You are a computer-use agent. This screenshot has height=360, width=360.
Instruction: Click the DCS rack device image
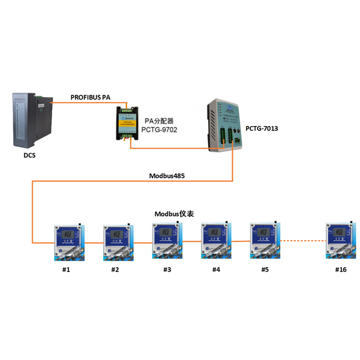click(31, 119)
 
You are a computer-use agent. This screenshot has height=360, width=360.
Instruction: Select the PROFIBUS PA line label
click(91, 97)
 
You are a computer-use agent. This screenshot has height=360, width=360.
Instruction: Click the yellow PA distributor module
click(127, 123)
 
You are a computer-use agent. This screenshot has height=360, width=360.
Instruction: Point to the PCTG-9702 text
click(159, 130)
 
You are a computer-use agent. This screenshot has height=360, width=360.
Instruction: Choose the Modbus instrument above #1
click(67, 241)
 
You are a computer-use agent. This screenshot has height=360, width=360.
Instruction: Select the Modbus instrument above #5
click(264, 240)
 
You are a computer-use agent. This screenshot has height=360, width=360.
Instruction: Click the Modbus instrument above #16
click(339, 240)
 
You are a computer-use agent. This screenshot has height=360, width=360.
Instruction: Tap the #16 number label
click(340, 269)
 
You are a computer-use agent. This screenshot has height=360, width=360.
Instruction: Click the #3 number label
click(167, 269)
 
